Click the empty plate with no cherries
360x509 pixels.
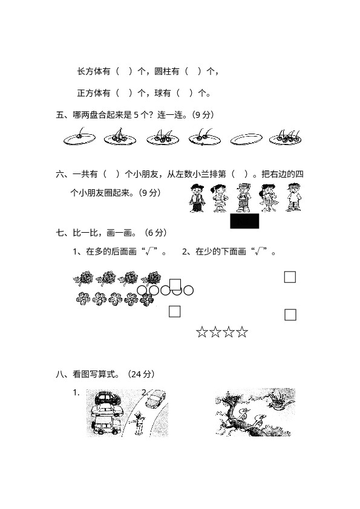pos(246,139)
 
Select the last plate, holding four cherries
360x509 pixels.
pos(286,138)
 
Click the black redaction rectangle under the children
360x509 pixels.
pos(244,221)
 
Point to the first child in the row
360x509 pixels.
pos(197,198)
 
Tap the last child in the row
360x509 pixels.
pos(293,197)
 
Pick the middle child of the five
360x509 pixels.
pos(243,198)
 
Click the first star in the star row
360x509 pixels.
pos(201,332)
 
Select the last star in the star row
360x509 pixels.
pos(242,332)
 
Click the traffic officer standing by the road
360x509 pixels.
pos(138,423)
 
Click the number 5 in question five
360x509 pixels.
pos(136,115)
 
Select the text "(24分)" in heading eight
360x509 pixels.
pos(141,374)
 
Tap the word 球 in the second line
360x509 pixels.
pos(159,93)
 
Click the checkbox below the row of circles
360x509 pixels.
pos(174,311)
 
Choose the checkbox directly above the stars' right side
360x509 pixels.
pos(290,314)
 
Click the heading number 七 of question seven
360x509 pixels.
pos(60,233)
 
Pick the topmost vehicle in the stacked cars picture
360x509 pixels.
pos(106,398)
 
